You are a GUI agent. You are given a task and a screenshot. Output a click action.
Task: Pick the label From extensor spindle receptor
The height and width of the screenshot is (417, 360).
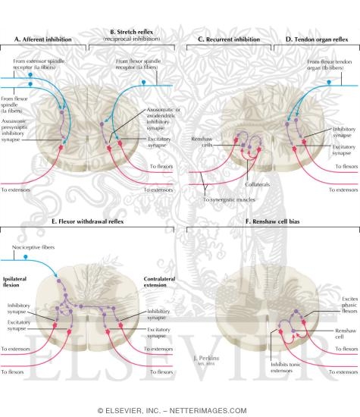coord(45,65)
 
